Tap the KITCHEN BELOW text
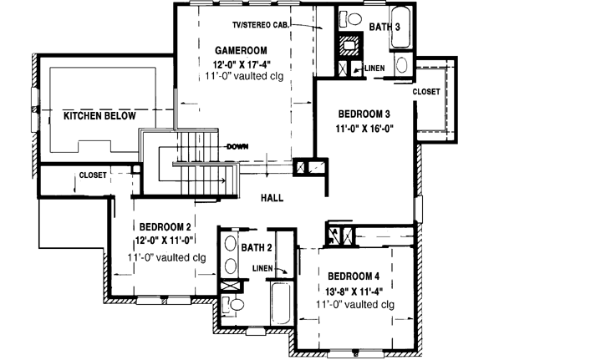99,116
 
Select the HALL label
272,198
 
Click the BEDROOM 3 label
364,114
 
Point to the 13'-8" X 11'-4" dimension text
354,292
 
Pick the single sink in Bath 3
400,65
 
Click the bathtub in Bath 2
279,304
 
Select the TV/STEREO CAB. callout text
262,25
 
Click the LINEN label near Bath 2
262,267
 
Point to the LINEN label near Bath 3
374,68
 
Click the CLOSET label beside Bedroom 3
426,90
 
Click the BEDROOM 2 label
166,226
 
